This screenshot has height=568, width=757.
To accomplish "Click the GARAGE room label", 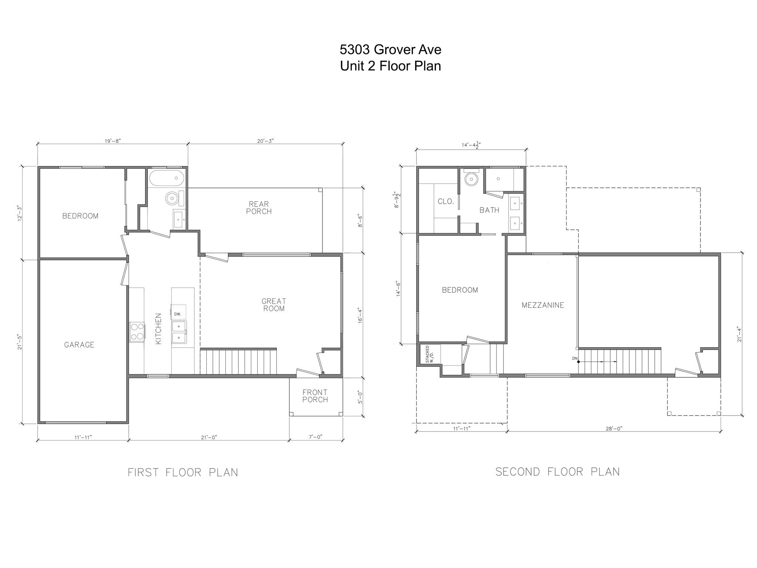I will coord(79,345).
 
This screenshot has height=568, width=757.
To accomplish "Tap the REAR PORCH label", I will coord(259,208).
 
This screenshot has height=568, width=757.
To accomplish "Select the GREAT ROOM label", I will coord(274,305).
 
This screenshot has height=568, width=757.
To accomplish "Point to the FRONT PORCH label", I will coord(315,396).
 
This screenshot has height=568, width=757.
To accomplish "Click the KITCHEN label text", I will coord(158,329).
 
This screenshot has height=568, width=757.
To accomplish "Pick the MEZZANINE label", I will coord(543,305).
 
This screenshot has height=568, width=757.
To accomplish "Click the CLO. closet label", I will coord(445,202).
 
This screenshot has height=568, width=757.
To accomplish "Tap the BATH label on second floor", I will coord(489,210).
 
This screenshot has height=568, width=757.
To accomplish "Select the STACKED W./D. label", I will coord(429,354).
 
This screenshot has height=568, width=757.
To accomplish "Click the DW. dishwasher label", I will coord(177,314).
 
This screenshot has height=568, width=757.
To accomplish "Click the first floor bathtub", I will coord(167,178).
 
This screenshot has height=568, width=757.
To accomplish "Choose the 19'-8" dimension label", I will coord(113,141).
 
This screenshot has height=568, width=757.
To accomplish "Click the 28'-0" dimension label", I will coord(614,429).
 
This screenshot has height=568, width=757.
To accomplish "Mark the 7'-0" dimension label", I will coord(315,437).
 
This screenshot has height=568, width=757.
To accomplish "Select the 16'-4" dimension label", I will coord(360,315).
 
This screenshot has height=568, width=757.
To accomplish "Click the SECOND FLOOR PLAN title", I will coord(557,472).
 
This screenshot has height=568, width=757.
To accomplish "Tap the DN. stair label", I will coord(574,358).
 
